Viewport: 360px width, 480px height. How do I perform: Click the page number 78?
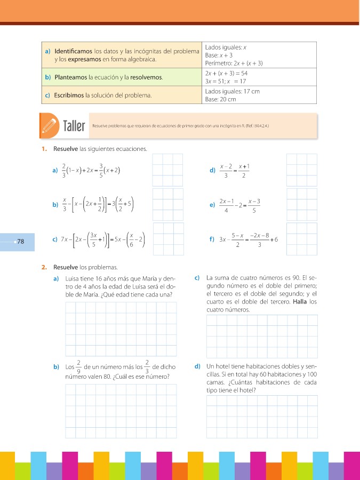tap(21, 242)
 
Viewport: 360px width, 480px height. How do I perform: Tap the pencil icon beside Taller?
tap(50, 126)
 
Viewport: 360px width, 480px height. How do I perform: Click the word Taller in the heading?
tap(74, 126)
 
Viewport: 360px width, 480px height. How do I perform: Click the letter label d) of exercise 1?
tap(213, 171)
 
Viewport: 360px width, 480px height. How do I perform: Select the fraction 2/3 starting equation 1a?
tap(64, 170)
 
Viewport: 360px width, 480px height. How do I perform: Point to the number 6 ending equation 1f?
tap(276, 239)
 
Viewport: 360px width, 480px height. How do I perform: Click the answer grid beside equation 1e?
tap(302, 204)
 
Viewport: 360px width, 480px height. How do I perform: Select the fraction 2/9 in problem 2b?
tap(78, 367)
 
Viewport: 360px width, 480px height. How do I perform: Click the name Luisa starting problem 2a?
tap(73, 278)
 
